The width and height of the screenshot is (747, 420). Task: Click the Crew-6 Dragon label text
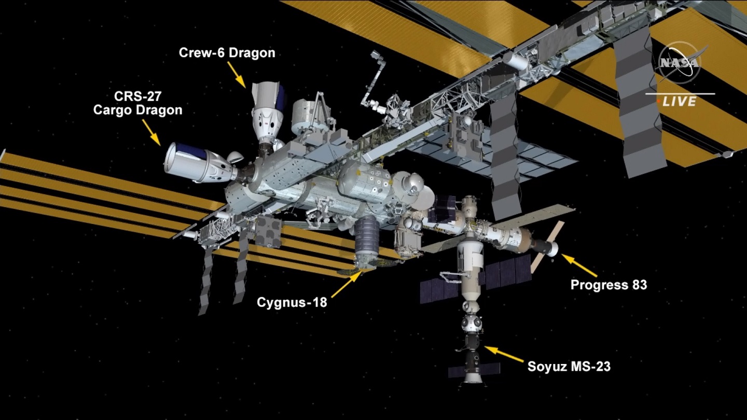point(227,53)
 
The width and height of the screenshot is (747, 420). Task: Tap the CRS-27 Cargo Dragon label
point(138,103)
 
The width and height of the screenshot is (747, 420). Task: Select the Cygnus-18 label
point(292,302)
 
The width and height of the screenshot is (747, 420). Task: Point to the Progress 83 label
point(608,285)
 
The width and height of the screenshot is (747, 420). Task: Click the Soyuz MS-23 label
point(569,366)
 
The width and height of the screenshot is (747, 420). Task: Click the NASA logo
point(680,63)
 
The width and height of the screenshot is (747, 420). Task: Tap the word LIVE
point(680,101)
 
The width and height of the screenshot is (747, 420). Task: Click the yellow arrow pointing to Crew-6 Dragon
point(237,75)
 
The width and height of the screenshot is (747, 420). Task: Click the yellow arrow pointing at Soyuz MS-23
point(504,354)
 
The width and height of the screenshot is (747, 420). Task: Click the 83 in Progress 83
point(639,285)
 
